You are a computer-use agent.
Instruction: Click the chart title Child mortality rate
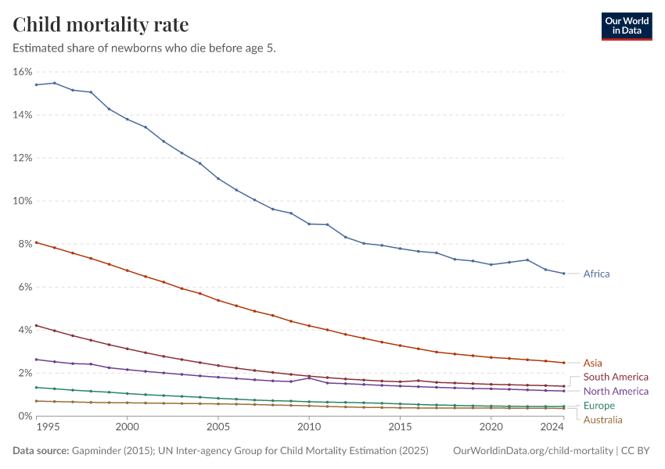[x=100, y=24]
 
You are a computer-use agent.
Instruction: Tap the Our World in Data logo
[x=627, y=27]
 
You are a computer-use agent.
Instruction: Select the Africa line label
[x=596, y=274]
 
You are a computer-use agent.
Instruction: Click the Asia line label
[x=592, y=363]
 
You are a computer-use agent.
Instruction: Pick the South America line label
[x=616, y=377]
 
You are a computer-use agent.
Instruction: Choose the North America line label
[x=616, y=391]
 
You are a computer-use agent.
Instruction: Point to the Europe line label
[x=598, y=406]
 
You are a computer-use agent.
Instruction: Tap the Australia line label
[x=602, y=420]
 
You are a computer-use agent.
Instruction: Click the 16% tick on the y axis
[x=23, y=72]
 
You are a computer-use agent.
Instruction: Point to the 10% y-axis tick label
[x=23, y=201]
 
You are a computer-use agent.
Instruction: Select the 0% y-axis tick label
[x=25, y=416]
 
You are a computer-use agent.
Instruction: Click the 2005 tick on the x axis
[x=218, y=427]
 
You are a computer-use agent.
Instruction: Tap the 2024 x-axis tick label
[x=552, y=427]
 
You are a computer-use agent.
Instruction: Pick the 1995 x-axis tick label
[x=48, y=427]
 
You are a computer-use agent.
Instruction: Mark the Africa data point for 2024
[x=563, y=274]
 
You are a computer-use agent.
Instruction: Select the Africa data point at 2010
[x=309, y=224]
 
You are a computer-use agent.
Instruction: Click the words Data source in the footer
[x=41, y=450]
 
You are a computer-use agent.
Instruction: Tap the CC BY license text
[x=635, y=450]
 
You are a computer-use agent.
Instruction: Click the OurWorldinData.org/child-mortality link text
[x=533, y=450]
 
